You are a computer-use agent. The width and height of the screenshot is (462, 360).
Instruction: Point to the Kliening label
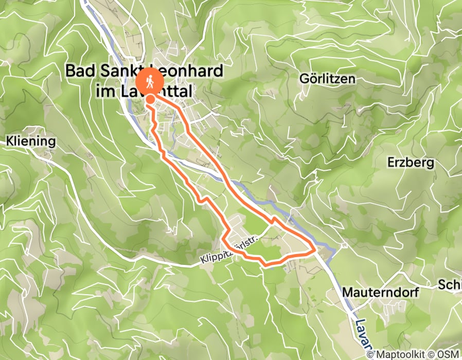[x=30, y=140]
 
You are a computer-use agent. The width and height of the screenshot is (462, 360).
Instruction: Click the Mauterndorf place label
[x=380, y=292]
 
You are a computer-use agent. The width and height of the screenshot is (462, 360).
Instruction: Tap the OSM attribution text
[x=449, y=354]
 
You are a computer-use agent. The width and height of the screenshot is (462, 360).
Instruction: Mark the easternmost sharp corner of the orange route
[x=315, y=250]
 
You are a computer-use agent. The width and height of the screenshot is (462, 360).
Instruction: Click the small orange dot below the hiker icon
[x=150, y=98]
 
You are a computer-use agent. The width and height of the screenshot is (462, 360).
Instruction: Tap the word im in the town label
[x=105, y=92]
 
